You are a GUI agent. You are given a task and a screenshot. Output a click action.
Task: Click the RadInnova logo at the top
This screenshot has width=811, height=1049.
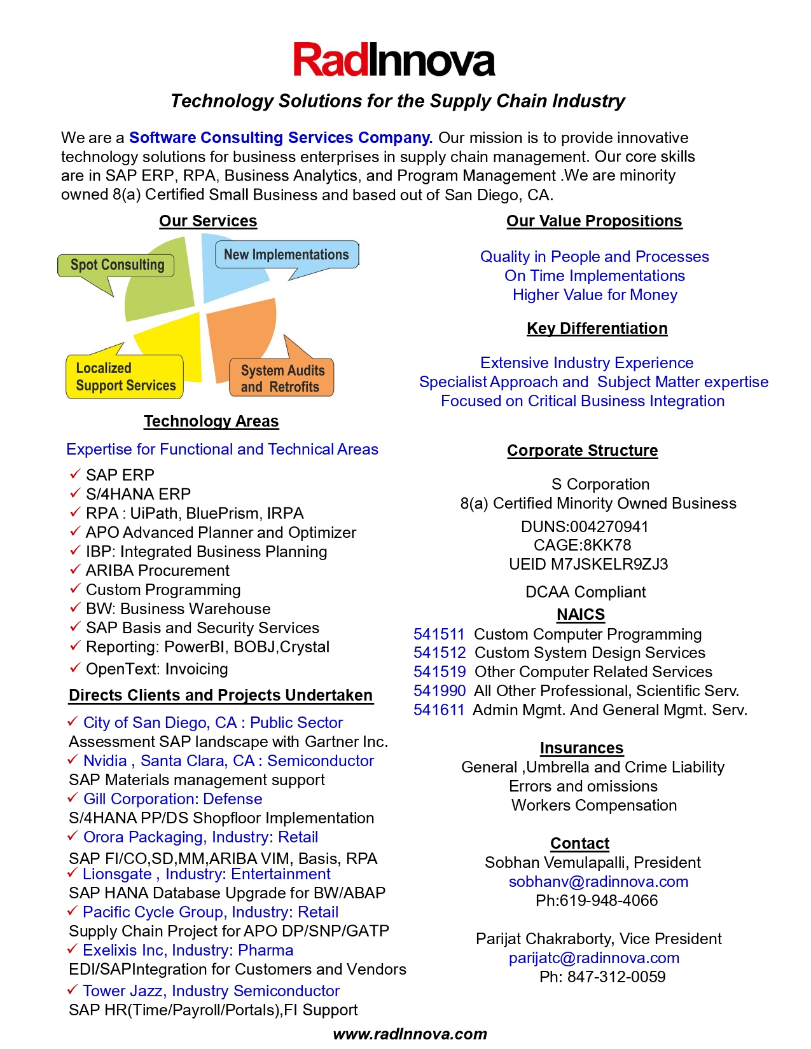pos(394,60)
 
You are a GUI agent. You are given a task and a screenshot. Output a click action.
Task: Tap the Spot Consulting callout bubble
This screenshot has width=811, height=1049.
pos(116,265)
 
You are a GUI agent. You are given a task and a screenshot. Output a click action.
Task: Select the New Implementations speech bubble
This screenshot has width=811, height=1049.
pos(286,255)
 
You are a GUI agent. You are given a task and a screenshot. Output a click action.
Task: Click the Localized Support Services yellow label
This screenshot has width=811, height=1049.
pos(125,377)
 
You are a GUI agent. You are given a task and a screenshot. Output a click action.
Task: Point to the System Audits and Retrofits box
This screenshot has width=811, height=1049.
pos(281,379)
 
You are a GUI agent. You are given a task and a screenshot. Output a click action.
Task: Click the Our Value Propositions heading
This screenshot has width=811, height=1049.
pos(594,221)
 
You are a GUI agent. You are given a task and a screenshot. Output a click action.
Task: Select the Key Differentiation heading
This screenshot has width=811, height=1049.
pos(597,329)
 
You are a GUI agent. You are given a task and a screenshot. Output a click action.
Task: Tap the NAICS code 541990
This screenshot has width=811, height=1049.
pos(440,691)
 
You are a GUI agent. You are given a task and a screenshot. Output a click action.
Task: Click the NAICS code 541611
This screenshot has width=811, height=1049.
pos(439,710)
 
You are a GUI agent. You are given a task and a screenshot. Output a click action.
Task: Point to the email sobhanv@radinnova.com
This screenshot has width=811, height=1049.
pos(599,882)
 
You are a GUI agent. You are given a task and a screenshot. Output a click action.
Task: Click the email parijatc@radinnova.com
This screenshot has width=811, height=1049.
pos(594,958)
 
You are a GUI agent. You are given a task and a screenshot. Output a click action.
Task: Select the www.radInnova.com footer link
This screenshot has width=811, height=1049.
pos(410,1034)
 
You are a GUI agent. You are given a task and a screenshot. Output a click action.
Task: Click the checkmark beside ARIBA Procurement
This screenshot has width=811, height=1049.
pos(75,570)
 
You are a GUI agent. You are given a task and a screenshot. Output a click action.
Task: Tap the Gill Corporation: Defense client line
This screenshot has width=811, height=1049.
pos(172,799)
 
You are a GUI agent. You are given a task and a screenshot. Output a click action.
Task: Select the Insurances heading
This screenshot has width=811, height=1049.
pos(581,748)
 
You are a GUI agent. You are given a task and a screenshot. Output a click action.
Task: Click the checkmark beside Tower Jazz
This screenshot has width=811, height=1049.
pos(73,990)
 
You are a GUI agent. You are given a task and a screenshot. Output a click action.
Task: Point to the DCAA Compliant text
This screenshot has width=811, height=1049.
pos(585,593)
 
